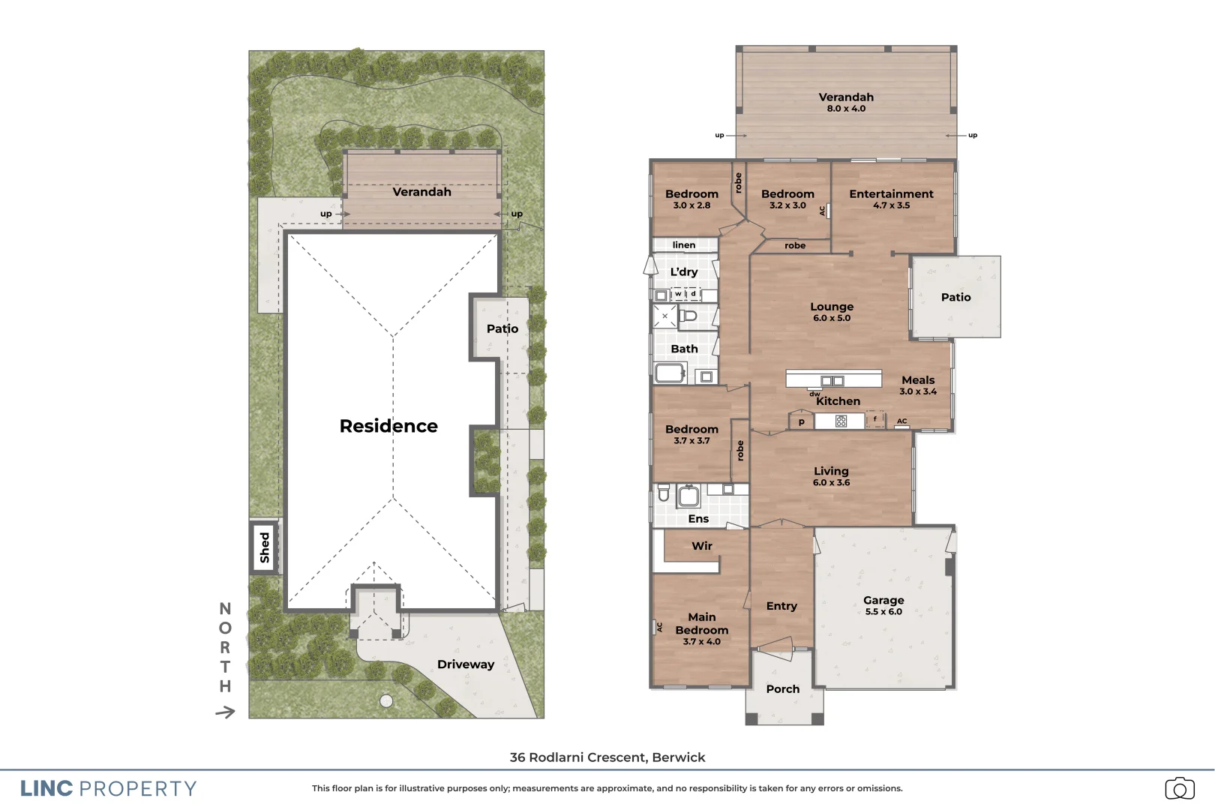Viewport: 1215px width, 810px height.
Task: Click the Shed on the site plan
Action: tap(264, 547)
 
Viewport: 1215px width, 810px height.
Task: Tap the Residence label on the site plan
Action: tap(388, 426)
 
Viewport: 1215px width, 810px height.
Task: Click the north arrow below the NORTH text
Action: tap(225, 712)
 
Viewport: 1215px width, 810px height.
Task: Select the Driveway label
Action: tap(466, 664)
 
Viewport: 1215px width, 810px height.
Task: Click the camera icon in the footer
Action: tap(1179, 788)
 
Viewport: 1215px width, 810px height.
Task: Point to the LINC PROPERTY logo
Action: tap(108, 788)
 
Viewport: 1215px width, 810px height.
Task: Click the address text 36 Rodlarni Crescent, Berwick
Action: tap(607, 757)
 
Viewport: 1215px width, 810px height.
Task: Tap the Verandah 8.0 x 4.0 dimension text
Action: tap(846, 109)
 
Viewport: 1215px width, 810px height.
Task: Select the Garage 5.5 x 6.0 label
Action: tap(883, 605)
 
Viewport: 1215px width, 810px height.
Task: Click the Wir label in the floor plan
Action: tap(702, 546)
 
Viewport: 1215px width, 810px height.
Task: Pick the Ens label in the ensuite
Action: tap(698, 519)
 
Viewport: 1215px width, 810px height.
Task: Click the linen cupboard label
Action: tap(684, 245)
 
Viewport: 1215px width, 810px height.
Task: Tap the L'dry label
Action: tap(684, 271)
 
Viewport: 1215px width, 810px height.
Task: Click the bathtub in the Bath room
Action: tap(670, 373)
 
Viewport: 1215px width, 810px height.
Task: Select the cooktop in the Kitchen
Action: tap(841, 421)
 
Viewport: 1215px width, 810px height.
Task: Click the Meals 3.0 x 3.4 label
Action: tap(918, 385)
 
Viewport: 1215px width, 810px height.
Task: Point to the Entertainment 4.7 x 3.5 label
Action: tap(891, 199)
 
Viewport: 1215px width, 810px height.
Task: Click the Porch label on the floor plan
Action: tap(783, 689)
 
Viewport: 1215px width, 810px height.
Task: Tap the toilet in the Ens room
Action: tap(664, 493)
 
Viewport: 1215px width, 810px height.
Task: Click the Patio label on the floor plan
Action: tap(955, 298)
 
